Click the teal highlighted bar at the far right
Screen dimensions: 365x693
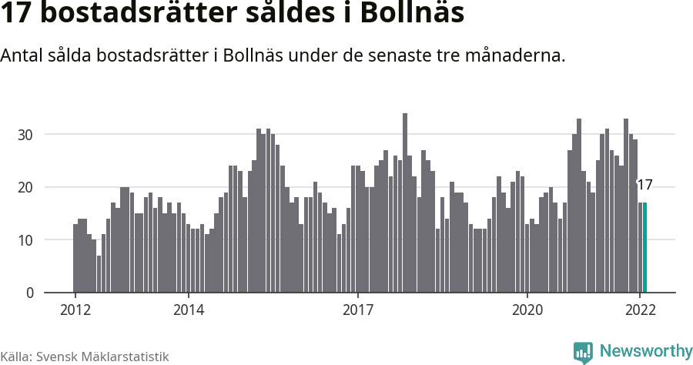point(644,247)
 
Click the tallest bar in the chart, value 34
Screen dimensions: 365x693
point(405,203)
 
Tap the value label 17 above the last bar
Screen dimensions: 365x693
point(644,185)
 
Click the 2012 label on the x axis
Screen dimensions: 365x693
point(75,310)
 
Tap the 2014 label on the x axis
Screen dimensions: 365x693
point(188,310)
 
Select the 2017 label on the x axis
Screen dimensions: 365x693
point(357,310)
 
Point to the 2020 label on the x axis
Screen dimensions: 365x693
point(527,310)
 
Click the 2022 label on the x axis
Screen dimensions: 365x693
point(640,310)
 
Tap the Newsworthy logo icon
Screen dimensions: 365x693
point(583,352)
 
